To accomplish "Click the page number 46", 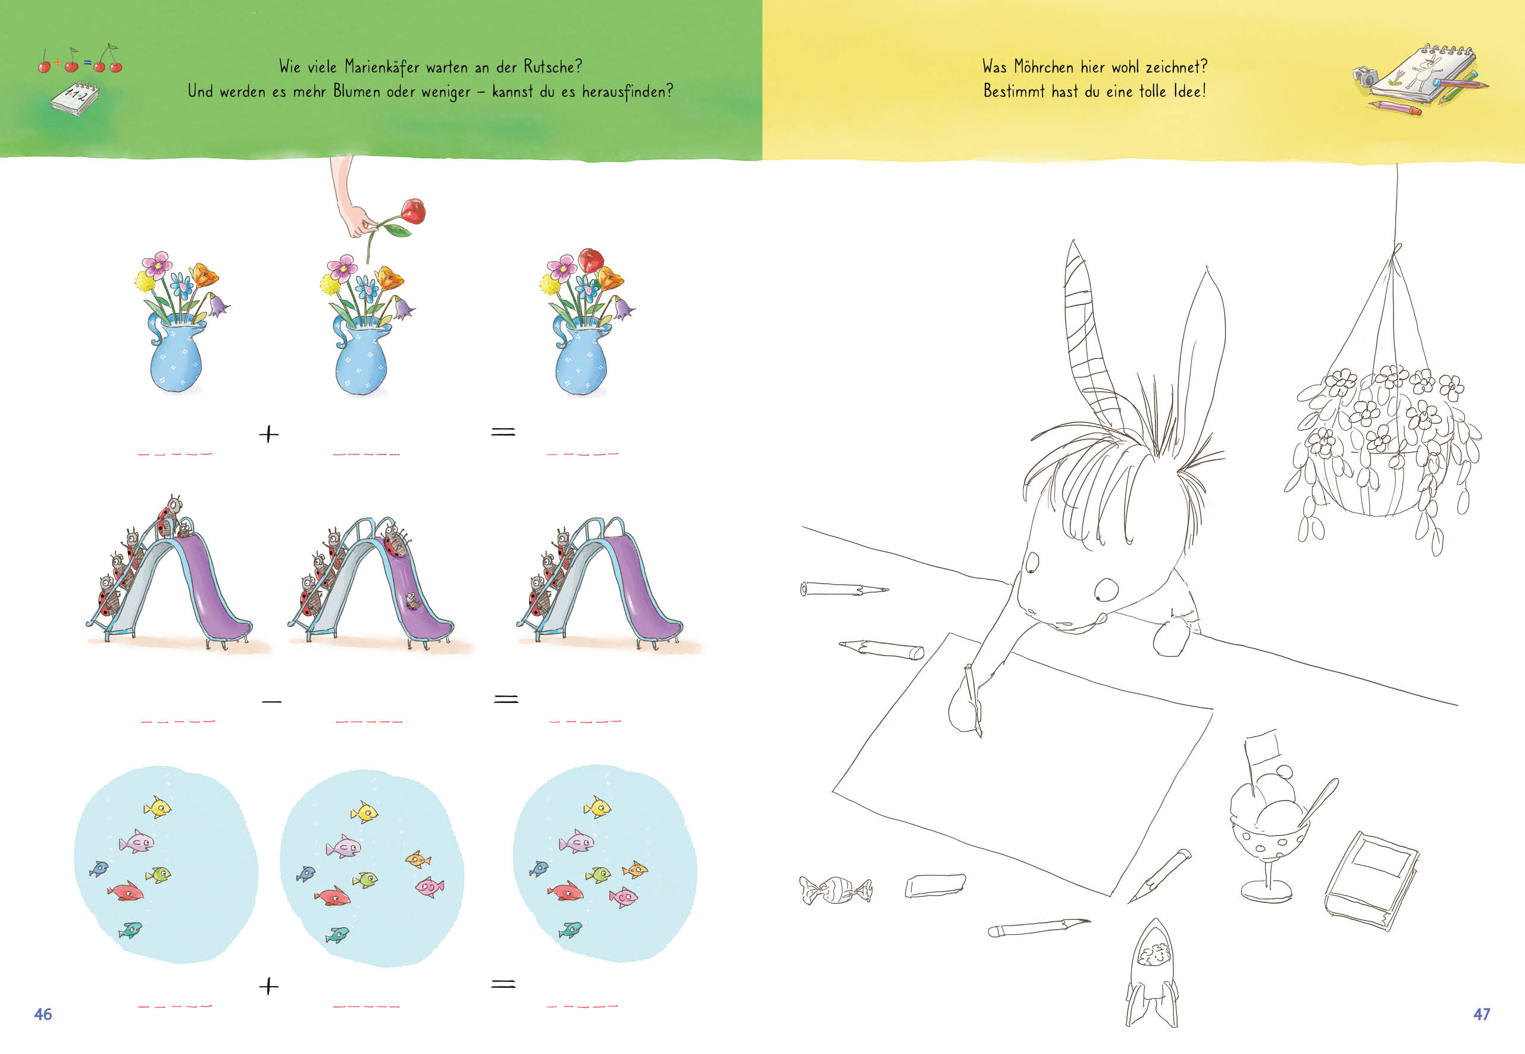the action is tap(43, 1014).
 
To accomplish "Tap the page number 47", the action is tap(1482, 1014).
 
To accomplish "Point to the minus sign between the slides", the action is tap(271, 701).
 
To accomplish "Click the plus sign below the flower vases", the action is tap(269, 434).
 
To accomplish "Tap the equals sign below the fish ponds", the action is tap(503, 984).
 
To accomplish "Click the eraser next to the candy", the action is tap(935, 885).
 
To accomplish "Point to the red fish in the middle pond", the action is tap(332, 896).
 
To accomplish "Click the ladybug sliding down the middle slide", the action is tap(413, 600).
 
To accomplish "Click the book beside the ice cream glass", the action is tap(1371, 881).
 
